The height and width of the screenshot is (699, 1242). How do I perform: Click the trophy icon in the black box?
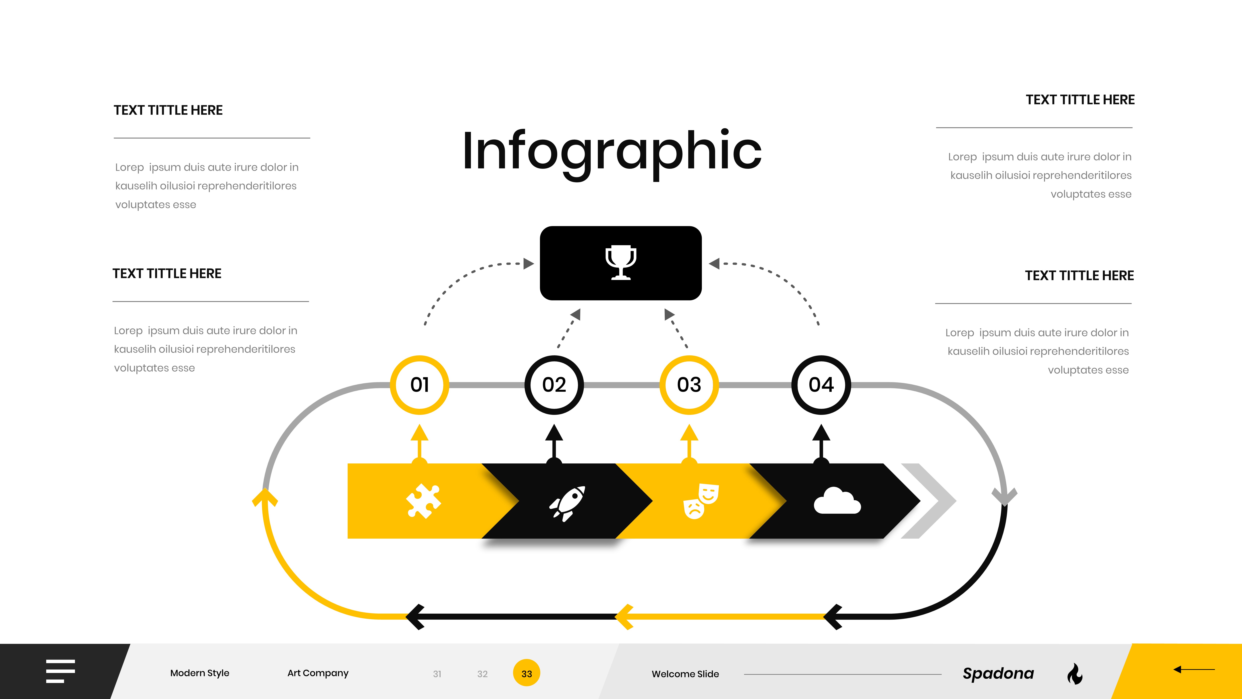(621, 263)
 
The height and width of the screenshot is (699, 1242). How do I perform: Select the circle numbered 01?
(420, 385)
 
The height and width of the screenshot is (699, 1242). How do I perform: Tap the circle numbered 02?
(554, 385)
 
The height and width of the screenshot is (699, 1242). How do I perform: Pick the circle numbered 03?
(689, 385)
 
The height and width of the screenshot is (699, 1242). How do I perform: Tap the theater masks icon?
(701, 501)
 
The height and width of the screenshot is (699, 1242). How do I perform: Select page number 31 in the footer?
(437, 674)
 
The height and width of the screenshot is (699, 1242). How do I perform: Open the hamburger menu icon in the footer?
(60, 671)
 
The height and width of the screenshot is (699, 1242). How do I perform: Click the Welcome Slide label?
(685, 674)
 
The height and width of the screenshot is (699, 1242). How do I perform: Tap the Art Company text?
(318, 673)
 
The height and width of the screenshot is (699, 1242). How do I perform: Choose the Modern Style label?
(200, 673)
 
